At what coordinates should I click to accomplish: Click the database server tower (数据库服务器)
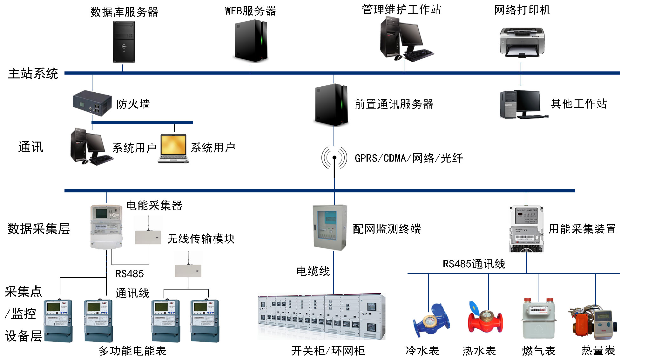coord(124,42)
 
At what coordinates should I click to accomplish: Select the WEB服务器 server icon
coord(251,41)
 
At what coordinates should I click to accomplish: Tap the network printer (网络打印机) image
coord(522,42)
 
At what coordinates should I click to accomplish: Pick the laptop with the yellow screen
coord(173,149)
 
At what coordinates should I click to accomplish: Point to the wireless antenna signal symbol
coord(334,158)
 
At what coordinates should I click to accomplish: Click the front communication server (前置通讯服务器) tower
coord(331,105)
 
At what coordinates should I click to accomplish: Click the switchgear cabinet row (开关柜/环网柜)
coord(321,317)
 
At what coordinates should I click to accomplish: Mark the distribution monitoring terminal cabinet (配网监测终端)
coord(330,227)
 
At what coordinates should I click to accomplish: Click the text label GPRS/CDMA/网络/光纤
coord(408,158)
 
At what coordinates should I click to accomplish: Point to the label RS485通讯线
coord(474,264)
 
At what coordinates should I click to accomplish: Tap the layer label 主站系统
coord(33,74)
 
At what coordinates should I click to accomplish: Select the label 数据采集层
coord(38,229)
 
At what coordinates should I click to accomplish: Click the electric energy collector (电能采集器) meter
coord(106,226)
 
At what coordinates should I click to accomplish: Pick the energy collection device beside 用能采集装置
coord(526,229)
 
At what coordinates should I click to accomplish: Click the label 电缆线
coord(313,271)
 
